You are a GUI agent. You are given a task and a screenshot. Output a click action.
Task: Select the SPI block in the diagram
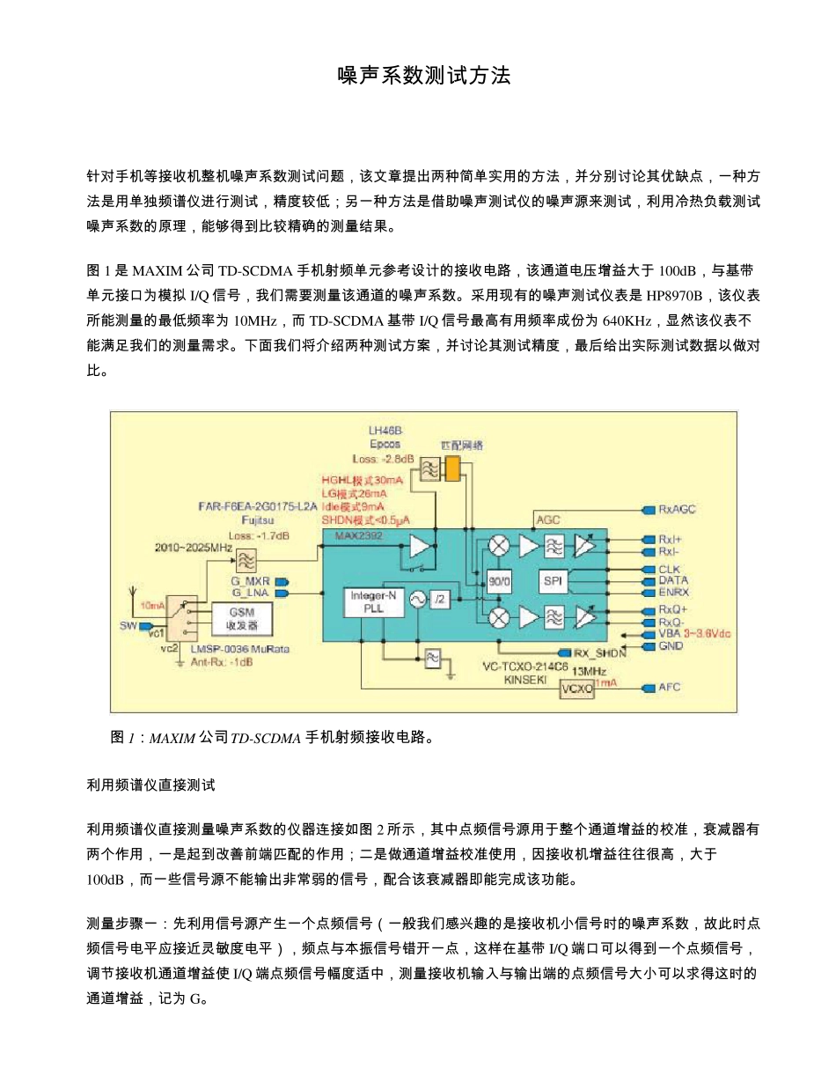[x=552, y=581]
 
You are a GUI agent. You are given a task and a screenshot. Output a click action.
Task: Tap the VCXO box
[x=577, y=689]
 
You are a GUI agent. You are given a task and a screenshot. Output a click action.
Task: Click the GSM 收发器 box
[x=243, y=618]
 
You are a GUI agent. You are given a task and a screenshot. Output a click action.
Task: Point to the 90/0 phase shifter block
[x=499, y=581]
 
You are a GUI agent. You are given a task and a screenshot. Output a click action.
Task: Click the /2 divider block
[x=440, y=600]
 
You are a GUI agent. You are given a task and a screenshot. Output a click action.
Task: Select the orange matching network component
[x=452, y=468]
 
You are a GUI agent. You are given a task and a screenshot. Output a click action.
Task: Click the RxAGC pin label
[x=677, y=509]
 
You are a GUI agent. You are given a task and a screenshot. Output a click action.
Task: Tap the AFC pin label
[x=669, y=688]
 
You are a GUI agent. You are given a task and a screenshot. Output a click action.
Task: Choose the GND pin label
[x=671, y=645]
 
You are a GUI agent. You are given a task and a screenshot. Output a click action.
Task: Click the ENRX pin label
[x=673, y=592]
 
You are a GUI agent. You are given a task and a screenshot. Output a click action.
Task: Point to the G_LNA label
[x=249, y=593]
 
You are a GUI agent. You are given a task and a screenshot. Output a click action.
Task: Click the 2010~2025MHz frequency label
[x=193, y=548]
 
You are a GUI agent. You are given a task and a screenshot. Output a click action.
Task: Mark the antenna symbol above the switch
[x=134, y=595]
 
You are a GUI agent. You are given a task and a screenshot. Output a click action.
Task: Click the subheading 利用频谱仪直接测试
[x=151, y=784]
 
